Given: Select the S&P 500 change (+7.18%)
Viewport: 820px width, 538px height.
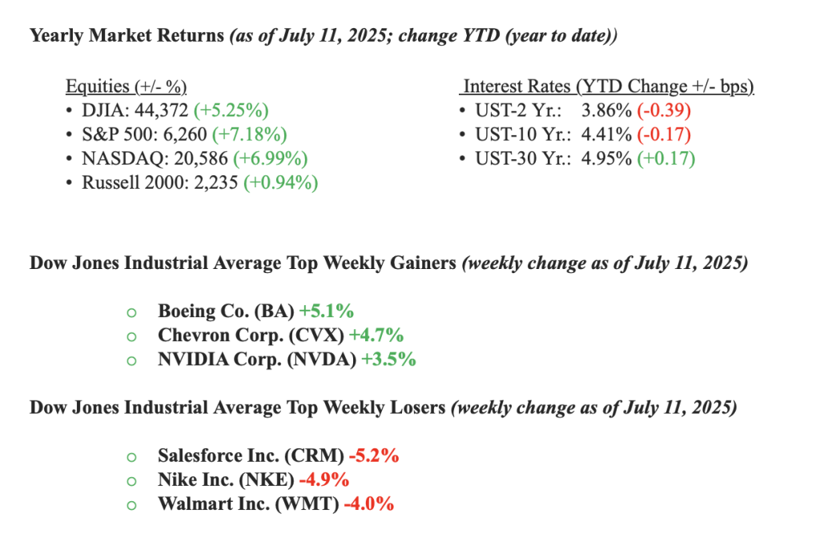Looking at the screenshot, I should click(x=247, y=134).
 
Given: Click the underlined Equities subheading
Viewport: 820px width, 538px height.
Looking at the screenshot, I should click(x=126, y=86).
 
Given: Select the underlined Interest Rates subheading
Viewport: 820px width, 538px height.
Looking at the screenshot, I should click(x=609, y=86).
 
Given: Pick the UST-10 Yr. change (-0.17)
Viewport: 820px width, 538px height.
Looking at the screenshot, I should click(x=664, y=134).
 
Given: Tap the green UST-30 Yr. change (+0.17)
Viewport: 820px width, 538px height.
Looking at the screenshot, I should click(x=665, y=159).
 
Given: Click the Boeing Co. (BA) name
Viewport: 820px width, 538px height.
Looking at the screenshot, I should click(x=226, y=311).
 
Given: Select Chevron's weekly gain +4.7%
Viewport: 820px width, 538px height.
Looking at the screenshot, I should click(x=376, y=335).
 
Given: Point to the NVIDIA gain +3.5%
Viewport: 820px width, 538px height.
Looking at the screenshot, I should click(x=388, y=359).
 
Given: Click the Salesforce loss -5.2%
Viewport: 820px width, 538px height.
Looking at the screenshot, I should click(x=374, y=456).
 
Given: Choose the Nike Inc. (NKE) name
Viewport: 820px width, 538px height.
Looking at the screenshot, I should click(x=227, y=480).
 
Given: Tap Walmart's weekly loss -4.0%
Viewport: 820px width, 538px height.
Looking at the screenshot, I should click(x=368, y=504).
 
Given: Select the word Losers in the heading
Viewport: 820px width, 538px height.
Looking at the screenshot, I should click(x=413, y=408).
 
